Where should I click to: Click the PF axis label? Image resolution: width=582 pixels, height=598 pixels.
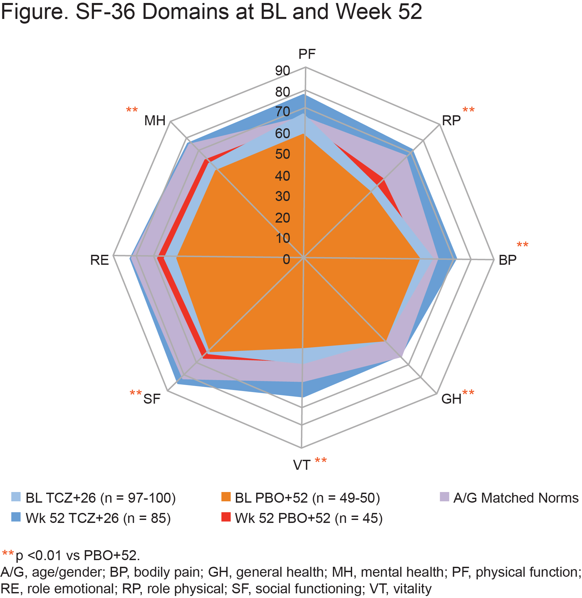coord(307,54)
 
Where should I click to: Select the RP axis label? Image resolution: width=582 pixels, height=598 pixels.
coord(451,121)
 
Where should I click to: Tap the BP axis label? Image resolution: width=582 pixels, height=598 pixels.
coord(507,260)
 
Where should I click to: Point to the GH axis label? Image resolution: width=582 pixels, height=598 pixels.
coord(451,399)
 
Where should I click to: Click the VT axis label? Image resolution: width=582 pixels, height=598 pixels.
coord(302,465)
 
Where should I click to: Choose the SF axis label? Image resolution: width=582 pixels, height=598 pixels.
coord(152,399)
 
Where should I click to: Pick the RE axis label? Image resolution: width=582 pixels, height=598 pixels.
coord(99,260)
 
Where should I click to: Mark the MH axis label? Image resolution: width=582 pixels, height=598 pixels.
coord(155,121)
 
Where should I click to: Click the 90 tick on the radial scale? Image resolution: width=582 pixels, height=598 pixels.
coord(282,71)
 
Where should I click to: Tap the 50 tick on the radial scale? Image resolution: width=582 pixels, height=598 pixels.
coord(282,154)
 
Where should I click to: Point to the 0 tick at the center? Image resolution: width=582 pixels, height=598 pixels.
coord(286,259)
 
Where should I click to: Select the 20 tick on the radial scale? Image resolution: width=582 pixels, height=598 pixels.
coord(282,218)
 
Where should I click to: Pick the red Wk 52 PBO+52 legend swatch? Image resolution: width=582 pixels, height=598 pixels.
coord(226,517)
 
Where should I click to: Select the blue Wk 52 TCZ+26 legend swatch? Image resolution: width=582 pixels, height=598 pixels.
coord(16,517)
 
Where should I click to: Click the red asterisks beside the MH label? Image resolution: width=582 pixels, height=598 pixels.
coord(132,110)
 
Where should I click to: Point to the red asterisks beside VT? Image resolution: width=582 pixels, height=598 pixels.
coord(321,460)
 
